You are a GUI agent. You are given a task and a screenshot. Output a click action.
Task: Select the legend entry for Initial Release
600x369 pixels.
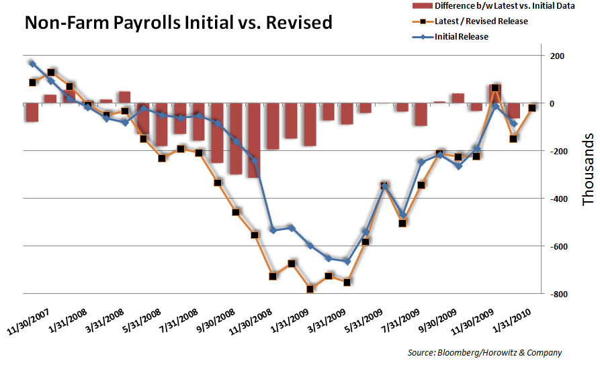460,37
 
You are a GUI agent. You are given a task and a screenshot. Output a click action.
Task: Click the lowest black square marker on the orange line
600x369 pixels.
310,289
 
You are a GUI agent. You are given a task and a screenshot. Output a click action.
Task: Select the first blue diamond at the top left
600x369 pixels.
32,64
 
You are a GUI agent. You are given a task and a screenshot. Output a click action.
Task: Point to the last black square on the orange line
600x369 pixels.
532,108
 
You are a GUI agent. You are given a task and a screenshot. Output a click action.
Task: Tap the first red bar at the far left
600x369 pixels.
32,113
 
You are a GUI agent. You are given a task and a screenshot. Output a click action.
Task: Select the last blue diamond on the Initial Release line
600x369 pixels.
514,123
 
